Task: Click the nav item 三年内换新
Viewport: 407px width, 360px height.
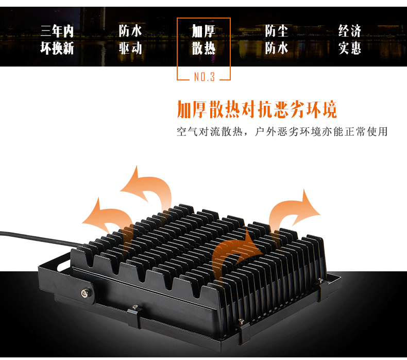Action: tap(57, 40)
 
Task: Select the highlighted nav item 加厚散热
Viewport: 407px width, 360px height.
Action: tap(203, 40)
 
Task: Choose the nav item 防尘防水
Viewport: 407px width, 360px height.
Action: tap(277, 40)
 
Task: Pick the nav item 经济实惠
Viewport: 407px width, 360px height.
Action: tap(350, 40)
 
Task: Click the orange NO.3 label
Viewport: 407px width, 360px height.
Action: tap(204, 77)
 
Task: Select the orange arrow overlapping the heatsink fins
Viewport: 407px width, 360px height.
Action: tap(232, 253)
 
